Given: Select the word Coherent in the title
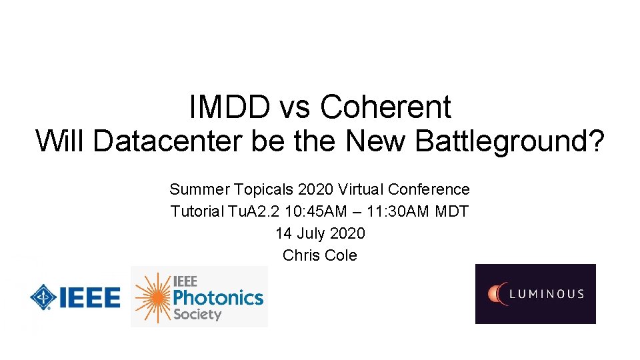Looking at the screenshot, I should (385, 107).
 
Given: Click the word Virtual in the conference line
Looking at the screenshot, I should (370, 190).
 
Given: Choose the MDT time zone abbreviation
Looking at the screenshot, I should (452, 212).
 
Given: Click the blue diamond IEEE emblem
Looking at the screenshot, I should (41, 297).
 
